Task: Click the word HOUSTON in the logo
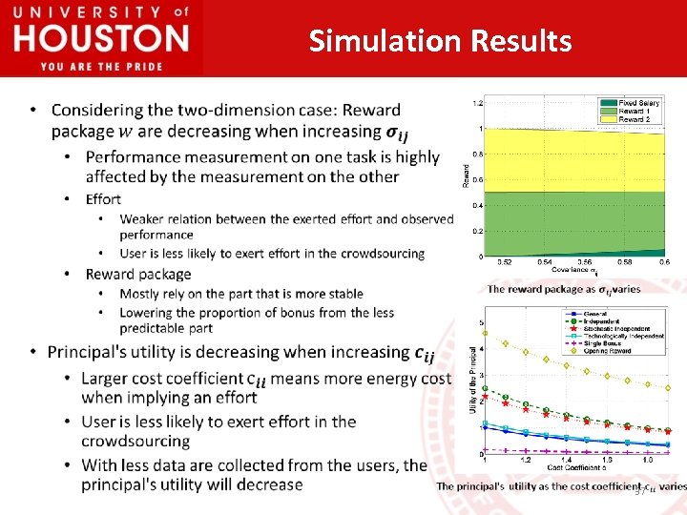pos(101,38)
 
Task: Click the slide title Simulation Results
pos(440,41)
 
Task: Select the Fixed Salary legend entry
pos(638,102)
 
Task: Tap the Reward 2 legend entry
pos(634,119)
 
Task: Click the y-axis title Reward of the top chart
pos(467,177)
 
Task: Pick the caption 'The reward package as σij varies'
pos(564,288)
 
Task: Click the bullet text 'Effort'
pos(103,198)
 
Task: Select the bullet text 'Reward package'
pos(138,274)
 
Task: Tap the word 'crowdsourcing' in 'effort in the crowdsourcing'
pos(376,254)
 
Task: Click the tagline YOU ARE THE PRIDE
pos(101,66)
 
